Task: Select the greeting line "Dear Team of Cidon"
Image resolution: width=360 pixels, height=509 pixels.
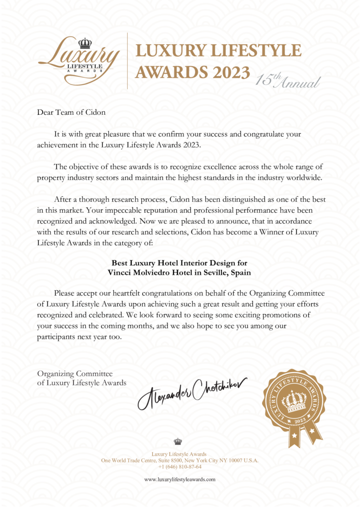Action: (71, 112)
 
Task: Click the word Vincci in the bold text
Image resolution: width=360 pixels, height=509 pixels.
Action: (119, 272)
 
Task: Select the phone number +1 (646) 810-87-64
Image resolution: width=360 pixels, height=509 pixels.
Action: (180, 467)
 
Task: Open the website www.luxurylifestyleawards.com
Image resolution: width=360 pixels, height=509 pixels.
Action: (180, 479)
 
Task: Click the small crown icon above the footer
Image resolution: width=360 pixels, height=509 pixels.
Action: (178, 441)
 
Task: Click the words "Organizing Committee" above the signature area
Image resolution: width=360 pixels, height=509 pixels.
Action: (75, 373)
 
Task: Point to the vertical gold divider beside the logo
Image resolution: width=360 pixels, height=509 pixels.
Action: (128, 61)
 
